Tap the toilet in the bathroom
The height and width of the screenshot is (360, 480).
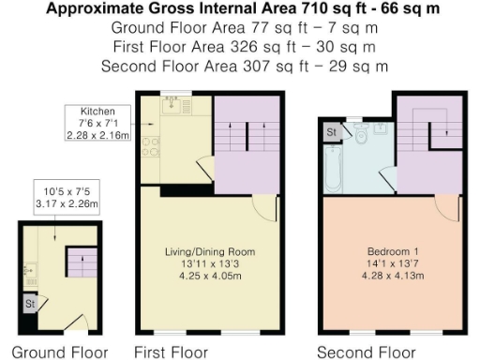point(361,137)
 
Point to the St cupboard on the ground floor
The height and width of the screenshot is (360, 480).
point(29,304)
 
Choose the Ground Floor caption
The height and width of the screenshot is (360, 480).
point(59,352)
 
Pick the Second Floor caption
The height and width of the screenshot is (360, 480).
point(366,352)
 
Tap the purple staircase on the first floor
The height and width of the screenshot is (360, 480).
point(247,141)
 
